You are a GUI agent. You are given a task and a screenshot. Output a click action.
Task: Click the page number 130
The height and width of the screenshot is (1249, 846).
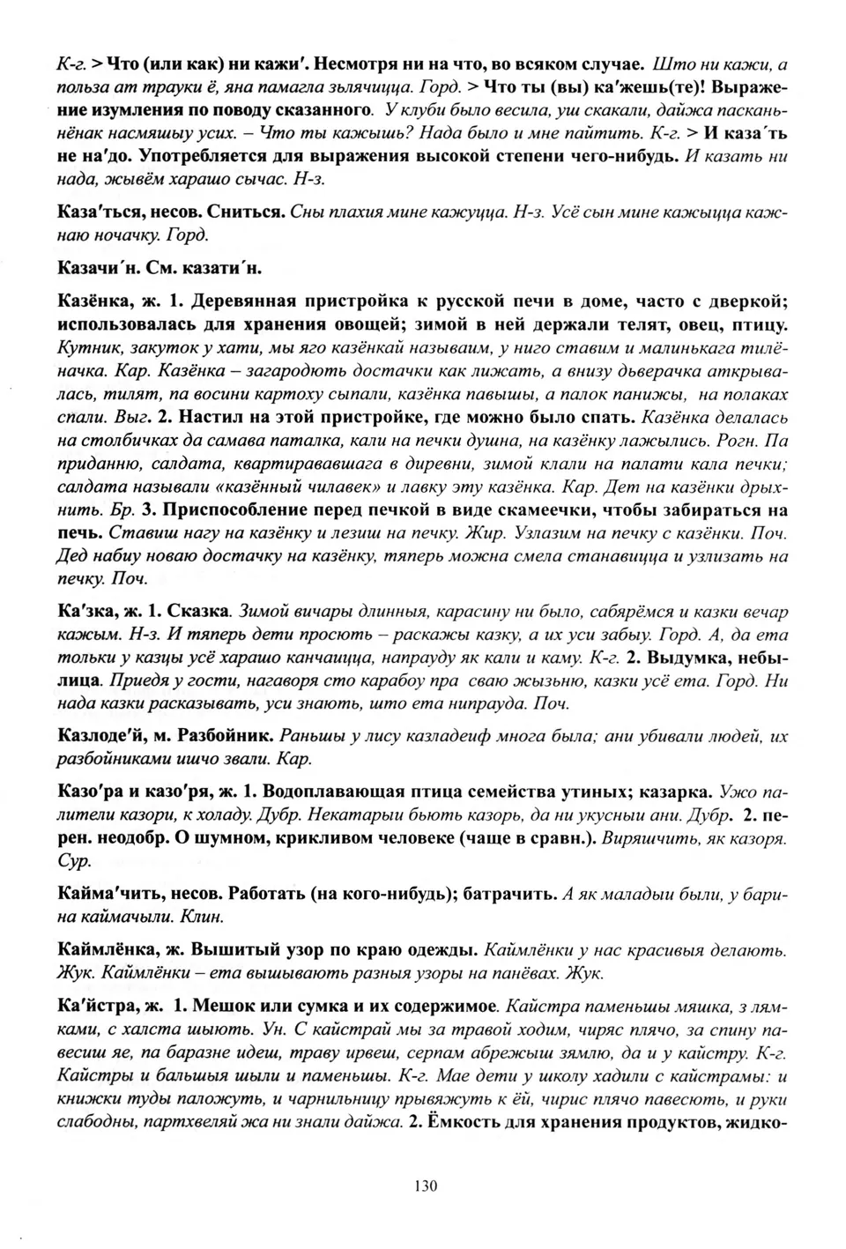[x=424, y=1186]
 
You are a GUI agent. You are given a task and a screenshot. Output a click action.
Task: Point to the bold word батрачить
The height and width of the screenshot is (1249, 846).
[x=512, y=895]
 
